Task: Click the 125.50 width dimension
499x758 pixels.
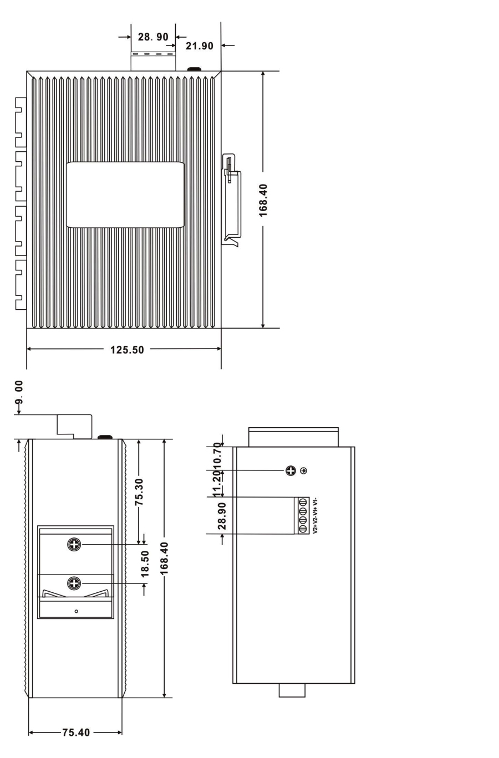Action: pos(127,350)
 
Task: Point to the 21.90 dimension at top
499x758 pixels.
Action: pos(200,46)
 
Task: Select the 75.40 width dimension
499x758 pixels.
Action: pos(76,733)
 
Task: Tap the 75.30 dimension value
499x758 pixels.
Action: pos(139,491)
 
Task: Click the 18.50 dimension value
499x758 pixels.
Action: pos(145,564)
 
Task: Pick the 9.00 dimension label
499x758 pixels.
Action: pos(19,392)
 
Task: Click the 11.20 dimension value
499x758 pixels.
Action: pos(218,484)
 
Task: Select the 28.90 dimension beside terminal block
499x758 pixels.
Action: pos(222,516)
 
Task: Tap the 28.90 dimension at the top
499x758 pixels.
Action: pos(153,37)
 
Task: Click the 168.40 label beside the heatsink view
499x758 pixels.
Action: pos(263,201)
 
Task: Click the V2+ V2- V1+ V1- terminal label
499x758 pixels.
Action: pos(315,515)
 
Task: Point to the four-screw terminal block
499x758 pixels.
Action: pos(303,515)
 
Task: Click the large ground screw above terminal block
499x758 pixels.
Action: pos(291,471)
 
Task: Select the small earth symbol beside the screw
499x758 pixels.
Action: pos(304,471)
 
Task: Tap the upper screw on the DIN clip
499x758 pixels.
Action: pos(74,545)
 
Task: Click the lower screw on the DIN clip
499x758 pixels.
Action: pos(74,583)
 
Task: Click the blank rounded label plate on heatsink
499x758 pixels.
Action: pos(125,194)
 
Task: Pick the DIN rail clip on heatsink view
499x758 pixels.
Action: pos(232,199)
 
